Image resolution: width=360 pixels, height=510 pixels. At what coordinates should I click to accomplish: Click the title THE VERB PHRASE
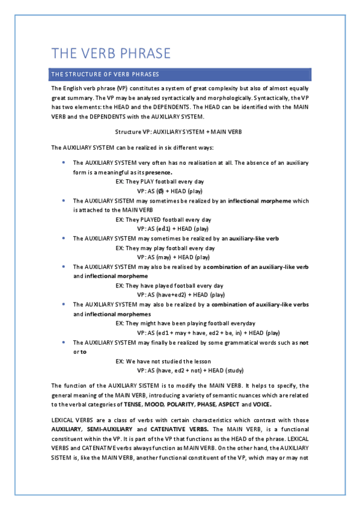pyautogui.click(x=111, y=53)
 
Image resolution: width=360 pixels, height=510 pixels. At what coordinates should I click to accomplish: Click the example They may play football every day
pyautogui.click(x=165, y=248)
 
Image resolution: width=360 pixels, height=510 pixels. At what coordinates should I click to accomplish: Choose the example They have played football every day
pyautogui.click(x=169, y=286)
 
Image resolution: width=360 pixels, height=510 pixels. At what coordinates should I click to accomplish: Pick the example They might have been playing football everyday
pyautogui.click(x=185, y=324)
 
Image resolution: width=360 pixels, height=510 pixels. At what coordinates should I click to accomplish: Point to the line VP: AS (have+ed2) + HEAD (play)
pyautogui.click(x=181, y=295)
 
